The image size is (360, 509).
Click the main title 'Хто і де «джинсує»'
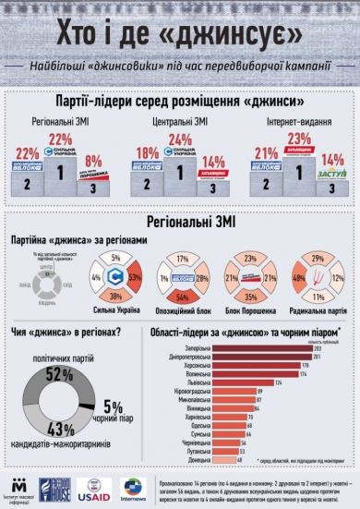pos(180,34)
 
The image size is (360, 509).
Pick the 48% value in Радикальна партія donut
pos(298,277)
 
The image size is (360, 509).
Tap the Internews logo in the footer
pos(136,486)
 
